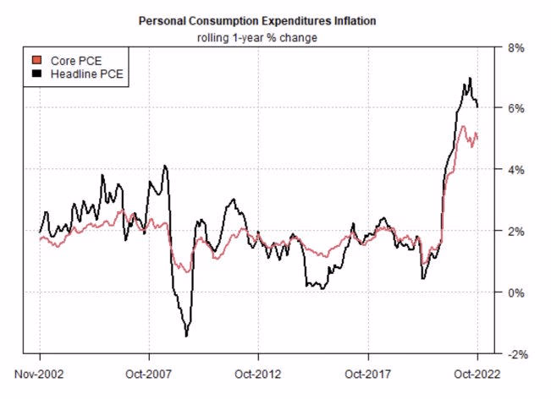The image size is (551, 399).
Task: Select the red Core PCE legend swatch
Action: point(34,61)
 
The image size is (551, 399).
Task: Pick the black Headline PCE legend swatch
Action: point(34,75)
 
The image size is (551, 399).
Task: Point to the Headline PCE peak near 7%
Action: point(469,79)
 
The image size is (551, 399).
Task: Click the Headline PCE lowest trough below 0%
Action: point(186,336)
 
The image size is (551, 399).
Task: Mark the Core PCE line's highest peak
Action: point(462,127)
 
